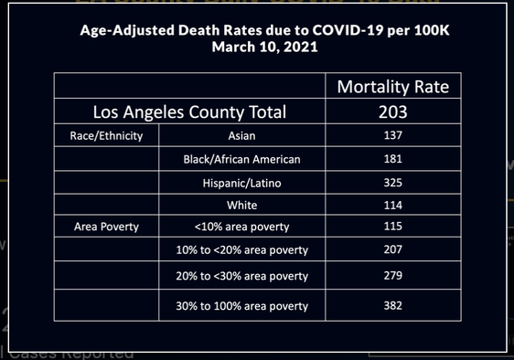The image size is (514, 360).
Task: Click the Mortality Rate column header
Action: pyautogui.click(x=393, y=88)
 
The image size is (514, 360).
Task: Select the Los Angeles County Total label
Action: pyautogui.click(x=190, y=112)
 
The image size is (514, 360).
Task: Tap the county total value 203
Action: pyautogui.click(x=393, y=112)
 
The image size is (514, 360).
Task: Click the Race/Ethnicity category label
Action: pyautogui.click(x=106, y=135)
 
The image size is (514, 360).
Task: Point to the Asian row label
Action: pyautogui.click(x=242, y=135)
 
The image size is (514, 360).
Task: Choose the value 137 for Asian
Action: pyautogui.click(x=393, y=135)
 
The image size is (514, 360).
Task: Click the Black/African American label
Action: pyautogui.click(x=242, y=159)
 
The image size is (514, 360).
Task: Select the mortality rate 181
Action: pyautogui.click(x=393, y=159)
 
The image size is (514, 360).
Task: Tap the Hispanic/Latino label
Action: pyautogui.click(x=242, y=182)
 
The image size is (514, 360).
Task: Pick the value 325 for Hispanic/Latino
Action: pyautogui.click(x=393, y=182)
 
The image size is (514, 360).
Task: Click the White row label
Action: pyautogui.click(x=242, y=204)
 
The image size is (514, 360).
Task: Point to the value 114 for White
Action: pyautogui.click(x=393, y=204)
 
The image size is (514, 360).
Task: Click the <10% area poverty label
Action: pyautogui.click(x=242, y=226)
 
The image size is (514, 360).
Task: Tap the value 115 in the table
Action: pyautogui.click(x=393, y=226)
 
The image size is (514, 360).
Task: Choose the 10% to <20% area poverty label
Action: pyautogui.click(x=242, y=249)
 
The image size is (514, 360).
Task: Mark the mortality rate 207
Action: pyautogui.click(x=393, y=249)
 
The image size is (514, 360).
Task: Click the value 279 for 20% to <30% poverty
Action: pyautogui.click(x=393, y=275)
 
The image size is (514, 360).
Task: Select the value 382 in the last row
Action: pyautogui.click(x=393, y=305)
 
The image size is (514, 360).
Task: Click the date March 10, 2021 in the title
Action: pyautogui.click(x=257, y=45)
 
